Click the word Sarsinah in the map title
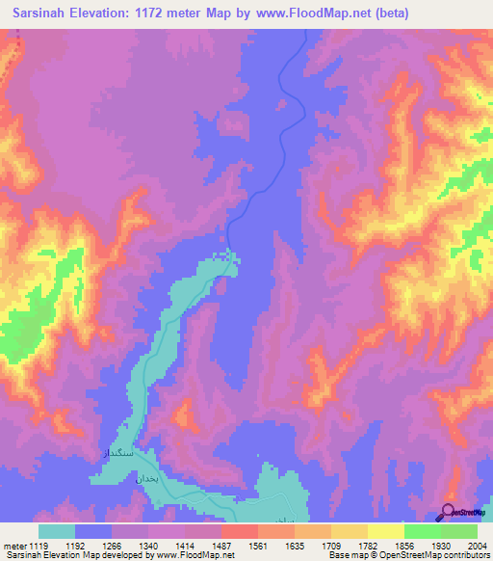tap(45, 13)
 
